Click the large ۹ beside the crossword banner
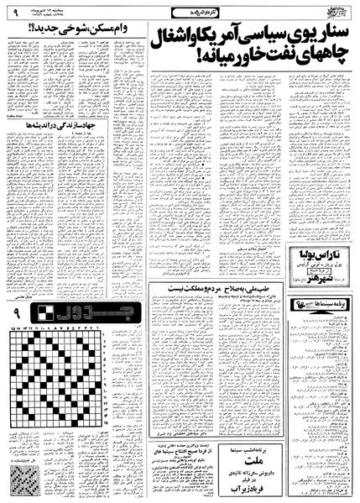click(x=16, y=316)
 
